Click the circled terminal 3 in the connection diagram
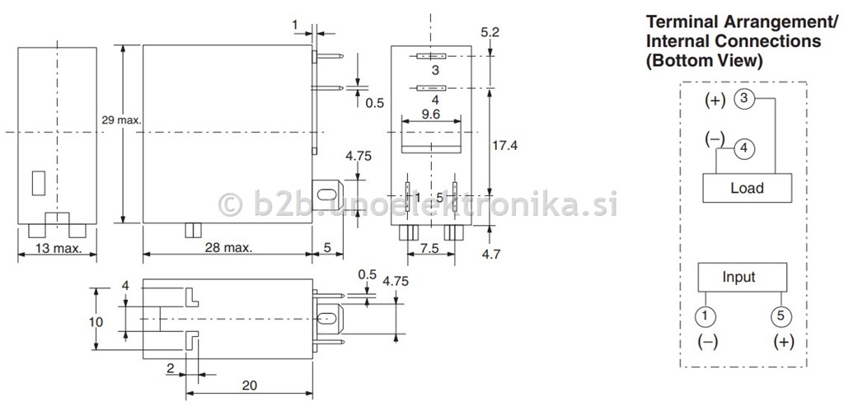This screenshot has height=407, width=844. pos(744,100)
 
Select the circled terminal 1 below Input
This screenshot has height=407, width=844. pos(706,316)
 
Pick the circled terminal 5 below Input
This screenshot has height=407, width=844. pos(781,316)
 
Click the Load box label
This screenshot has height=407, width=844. pos(747,188)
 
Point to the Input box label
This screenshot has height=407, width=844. pos(738,278)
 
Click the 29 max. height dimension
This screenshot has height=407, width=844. pos(121,120)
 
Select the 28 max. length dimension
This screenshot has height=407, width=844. pos(227,248)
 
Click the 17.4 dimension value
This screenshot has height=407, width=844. pos(504,145)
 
